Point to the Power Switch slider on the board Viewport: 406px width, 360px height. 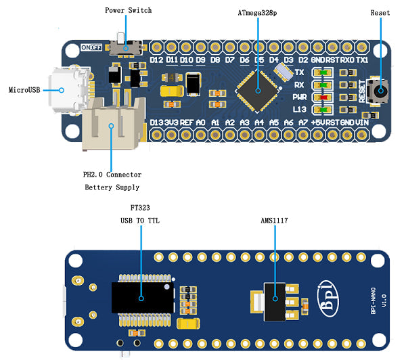[129, 47]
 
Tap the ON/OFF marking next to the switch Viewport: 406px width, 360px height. [91, 48]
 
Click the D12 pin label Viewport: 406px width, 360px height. [157, 60]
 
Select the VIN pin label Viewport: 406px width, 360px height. [363, 122]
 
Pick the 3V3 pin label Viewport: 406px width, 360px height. [172, 122]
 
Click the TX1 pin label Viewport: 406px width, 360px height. [363, 60]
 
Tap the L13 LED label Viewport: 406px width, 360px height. [300, 110]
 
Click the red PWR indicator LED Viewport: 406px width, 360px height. [327, 97]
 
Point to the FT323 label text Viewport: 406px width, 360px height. [140, 206]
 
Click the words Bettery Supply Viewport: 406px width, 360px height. [112, 187]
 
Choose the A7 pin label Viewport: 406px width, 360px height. [303, 122]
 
